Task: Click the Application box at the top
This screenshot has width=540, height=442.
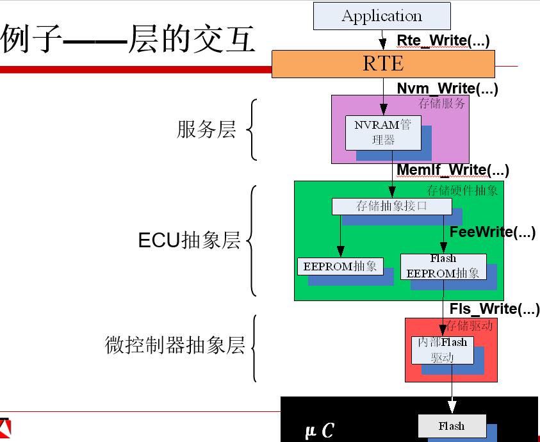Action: coord(382,16)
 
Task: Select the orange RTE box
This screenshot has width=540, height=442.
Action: coord(383,64)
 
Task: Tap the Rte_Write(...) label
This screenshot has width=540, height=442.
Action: coord(443,40)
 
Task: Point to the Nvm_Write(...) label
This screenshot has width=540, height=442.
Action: coord(447,88)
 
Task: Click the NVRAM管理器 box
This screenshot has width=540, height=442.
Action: coord(383,133)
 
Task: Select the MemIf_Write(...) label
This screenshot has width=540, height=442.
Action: coord(453,170)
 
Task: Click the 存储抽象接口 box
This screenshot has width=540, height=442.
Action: coord(391,206)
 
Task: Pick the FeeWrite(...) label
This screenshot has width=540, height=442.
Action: coord(492,232)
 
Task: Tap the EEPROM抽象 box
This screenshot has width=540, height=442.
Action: coord(340,266)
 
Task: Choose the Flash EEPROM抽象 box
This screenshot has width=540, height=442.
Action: coord(443,266)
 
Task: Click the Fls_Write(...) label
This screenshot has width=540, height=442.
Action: coord(494,309)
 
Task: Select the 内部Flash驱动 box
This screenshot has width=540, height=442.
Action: coord(442,350)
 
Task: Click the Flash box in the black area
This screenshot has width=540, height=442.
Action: coord(451,426)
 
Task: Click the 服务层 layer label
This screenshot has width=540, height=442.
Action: coord(206,129)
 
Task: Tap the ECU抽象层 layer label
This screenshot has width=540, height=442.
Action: coord(189,241)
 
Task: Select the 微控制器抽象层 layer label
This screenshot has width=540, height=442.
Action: coord(175,345)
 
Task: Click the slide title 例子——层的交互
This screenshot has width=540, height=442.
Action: coord(128,40)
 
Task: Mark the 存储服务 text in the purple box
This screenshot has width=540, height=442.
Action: coord(442,103)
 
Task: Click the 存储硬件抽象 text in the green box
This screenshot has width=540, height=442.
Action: coord(462,190)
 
